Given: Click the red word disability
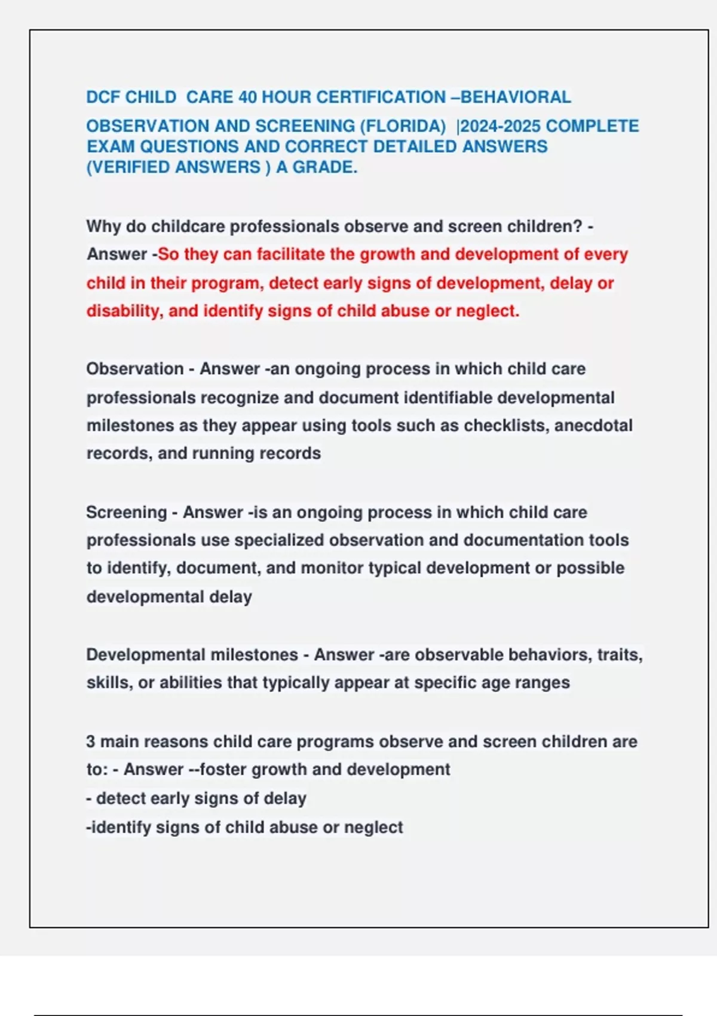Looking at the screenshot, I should [124, 311].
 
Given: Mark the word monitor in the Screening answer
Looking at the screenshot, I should [332, 568].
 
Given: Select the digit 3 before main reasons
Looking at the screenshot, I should [91, 742].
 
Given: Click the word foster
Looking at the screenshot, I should [223, 770].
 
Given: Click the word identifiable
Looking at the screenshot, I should [448, 398].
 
